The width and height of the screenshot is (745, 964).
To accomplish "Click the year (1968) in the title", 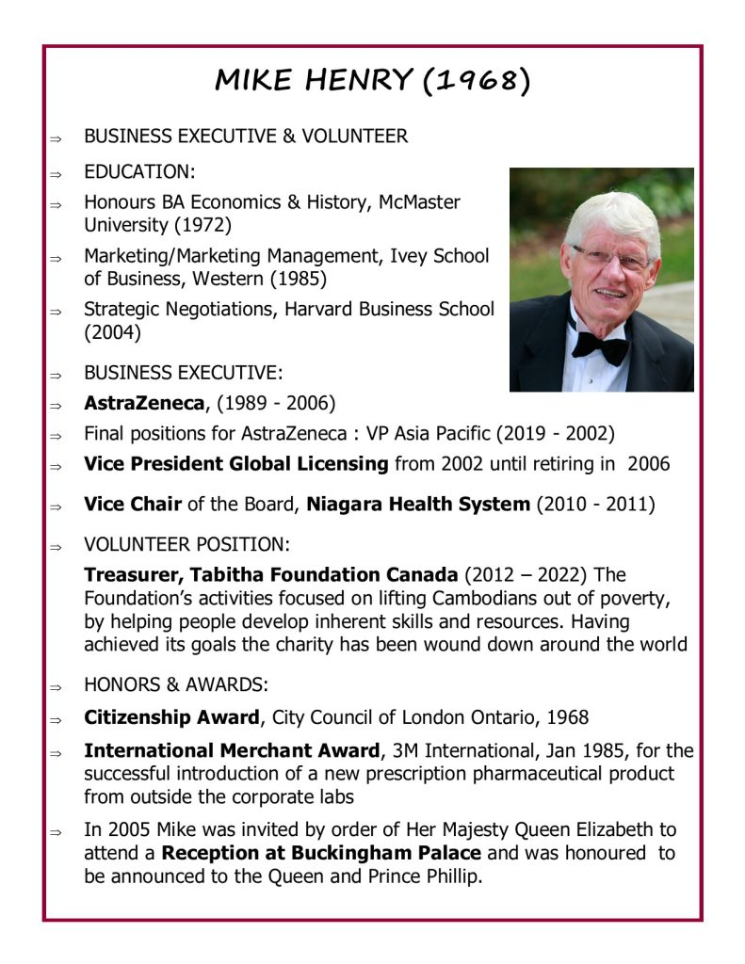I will click(x=477, y=81).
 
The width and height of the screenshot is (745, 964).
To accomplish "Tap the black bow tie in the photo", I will click(x=600, y=345).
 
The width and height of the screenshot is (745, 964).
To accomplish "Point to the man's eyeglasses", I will click(x=610, y=257).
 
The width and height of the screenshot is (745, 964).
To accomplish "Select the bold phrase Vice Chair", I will click(x=133, y=504).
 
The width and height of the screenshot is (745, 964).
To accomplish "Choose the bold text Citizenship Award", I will click(x=171, y=717).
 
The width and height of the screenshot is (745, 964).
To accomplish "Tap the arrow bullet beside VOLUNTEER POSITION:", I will click(x=57, y=546).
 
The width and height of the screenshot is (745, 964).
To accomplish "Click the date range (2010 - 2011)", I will click(x=595, y=504).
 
